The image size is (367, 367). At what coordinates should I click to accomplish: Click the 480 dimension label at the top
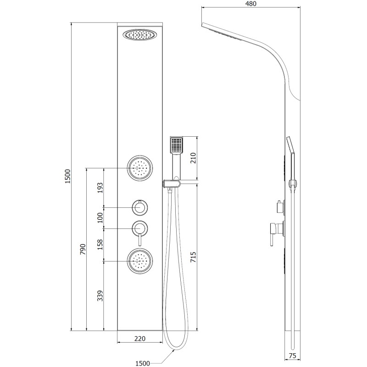pos(251,4)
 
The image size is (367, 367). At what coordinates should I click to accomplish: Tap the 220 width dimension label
pos(140,339)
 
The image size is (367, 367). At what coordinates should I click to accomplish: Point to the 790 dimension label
pos(83,249)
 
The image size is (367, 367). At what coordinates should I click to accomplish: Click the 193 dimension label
pos(100,188)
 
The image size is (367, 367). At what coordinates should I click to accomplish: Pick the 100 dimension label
pos(100,217)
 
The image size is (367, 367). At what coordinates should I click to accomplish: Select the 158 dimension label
pos(100,245)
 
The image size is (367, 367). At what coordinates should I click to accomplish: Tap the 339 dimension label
pos(100,295)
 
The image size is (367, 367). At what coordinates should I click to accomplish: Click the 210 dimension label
pos(193,158)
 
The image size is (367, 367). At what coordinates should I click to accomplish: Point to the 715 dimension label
pos(193,257)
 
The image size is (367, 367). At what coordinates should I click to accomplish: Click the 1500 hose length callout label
pos(143,363)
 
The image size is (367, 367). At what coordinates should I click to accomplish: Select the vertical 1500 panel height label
pos(67,176)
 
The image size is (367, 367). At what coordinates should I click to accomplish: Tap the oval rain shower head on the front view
pos(140,35)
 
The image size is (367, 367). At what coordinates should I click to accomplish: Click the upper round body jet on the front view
pos(140,168)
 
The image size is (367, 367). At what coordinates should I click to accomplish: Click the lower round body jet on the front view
pos(140,261)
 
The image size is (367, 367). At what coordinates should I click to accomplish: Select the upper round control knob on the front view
pos(140,207)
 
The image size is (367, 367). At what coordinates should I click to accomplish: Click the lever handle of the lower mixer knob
pos(140,239)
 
